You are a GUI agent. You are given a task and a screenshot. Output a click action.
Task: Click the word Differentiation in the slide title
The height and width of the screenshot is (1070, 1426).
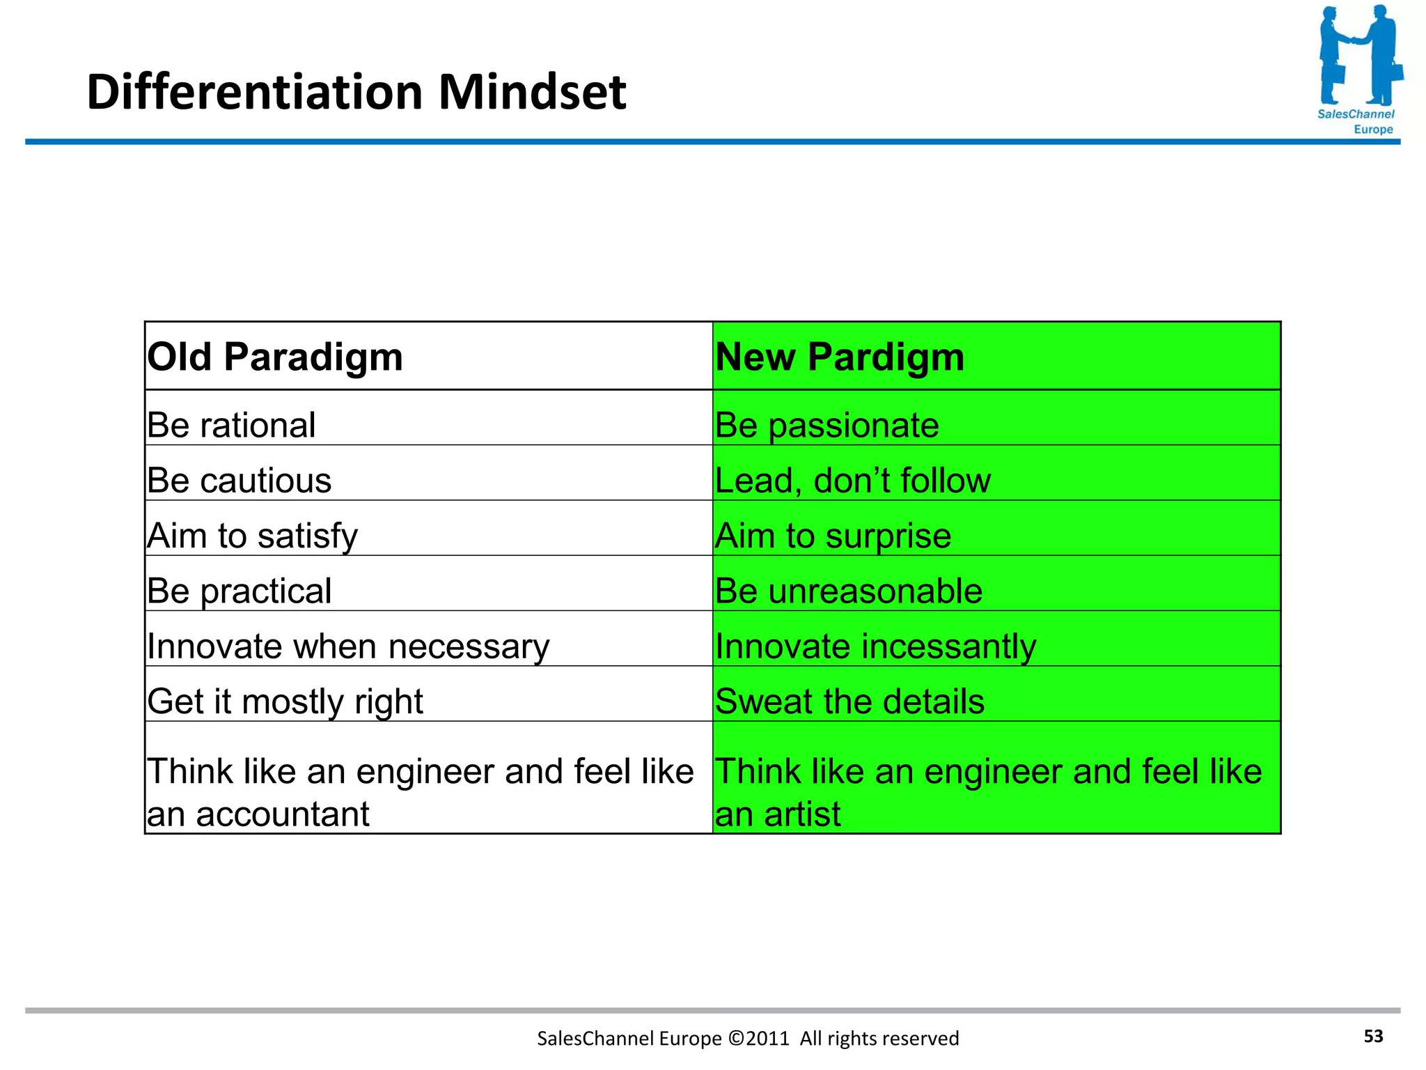click(x=255, y=92)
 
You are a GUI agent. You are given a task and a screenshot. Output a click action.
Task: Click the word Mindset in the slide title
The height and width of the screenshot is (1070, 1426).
click(x=532, y=92)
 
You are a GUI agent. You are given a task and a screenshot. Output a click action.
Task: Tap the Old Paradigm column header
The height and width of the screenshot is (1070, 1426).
click(x=275, y=357)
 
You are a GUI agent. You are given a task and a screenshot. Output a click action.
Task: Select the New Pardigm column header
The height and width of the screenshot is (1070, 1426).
click(x=840, y=357)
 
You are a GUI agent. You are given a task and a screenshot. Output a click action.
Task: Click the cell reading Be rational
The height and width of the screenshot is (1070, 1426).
click(x=231, y=425)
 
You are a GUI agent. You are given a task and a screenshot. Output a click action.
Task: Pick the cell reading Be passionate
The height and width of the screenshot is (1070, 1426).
click(x=826, y=425)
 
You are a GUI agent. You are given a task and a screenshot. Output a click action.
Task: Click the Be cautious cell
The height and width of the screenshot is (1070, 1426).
click(x=239, y=481)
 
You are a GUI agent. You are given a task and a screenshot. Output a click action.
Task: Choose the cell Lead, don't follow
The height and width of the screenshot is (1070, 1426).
click(x=852, y=481)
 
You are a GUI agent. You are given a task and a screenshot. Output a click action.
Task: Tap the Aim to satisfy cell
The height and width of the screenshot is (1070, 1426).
click(x=252, y=536)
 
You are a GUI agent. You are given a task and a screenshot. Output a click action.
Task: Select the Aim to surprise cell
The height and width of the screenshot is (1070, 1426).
click(x=833, y=536)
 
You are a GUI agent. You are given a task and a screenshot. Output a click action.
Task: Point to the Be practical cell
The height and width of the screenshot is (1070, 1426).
click(x=239, y=591)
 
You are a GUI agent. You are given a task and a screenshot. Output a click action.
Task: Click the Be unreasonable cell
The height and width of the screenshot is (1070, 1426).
click(x=848, y=591)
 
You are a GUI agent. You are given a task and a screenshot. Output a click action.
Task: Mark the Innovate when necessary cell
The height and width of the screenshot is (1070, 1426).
click(x=348, y=646)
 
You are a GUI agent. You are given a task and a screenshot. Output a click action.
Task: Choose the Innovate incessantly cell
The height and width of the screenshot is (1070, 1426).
click(x=875, y=646)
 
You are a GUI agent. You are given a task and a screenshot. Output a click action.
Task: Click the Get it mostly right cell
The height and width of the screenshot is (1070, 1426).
click(x=285, y=701)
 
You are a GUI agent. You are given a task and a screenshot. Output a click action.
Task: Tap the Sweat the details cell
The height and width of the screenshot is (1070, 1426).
click(x=849, y=701)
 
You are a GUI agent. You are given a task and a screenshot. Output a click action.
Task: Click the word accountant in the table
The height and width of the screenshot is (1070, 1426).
click(x=282, y=814)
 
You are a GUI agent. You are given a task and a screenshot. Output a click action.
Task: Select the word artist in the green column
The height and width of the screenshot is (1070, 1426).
click(x=801, y=814)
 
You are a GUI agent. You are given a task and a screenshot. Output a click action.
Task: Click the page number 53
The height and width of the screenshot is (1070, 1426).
click(x=1373, y=1036)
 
